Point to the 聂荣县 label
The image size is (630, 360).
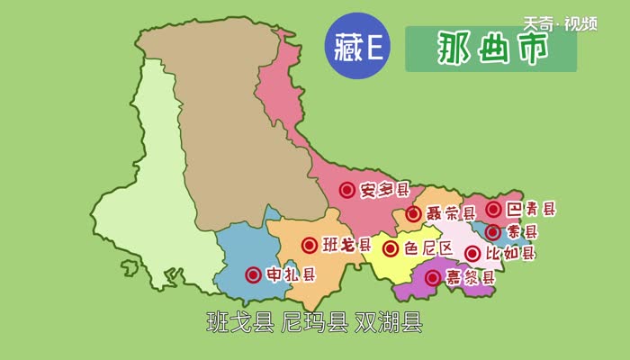pos(451,214)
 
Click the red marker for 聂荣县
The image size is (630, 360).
pos(413,214)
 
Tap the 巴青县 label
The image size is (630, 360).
pos(531,210)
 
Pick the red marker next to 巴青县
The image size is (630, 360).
pos(493,210)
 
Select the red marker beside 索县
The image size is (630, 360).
pos(493,232)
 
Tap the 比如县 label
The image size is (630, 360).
pos(510,255)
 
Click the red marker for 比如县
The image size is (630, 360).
pos(472,255)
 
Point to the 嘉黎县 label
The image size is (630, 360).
pos(471,278)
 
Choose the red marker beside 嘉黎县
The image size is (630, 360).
pos(433,278)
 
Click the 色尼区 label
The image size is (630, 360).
pos(427,248)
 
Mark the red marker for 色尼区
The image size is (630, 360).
pos(391,248)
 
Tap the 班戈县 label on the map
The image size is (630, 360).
pos(346,245)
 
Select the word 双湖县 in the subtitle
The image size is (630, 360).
pos(388,322)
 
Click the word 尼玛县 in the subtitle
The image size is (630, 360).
pos(314,322)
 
